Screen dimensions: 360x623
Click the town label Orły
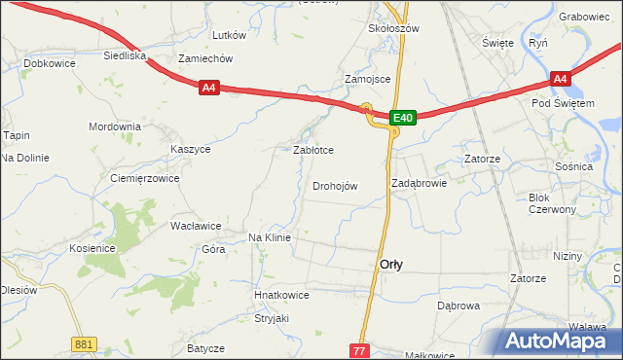391,265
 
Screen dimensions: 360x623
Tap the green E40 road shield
404,118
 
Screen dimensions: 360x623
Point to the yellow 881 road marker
84,343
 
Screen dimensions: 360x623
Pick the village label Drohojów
335,187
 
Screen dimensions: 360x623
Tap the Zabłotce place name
314,151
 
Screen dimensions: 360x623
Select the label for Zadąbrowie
419,183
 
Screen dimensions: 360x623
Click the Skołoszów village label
393,29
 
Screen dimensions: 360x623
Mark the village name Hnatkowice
281,294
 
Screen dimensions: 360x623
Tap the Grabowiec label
585,17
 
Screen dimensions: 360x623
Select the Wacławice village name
196,226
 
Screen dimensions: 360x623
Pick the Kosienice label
92,248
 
